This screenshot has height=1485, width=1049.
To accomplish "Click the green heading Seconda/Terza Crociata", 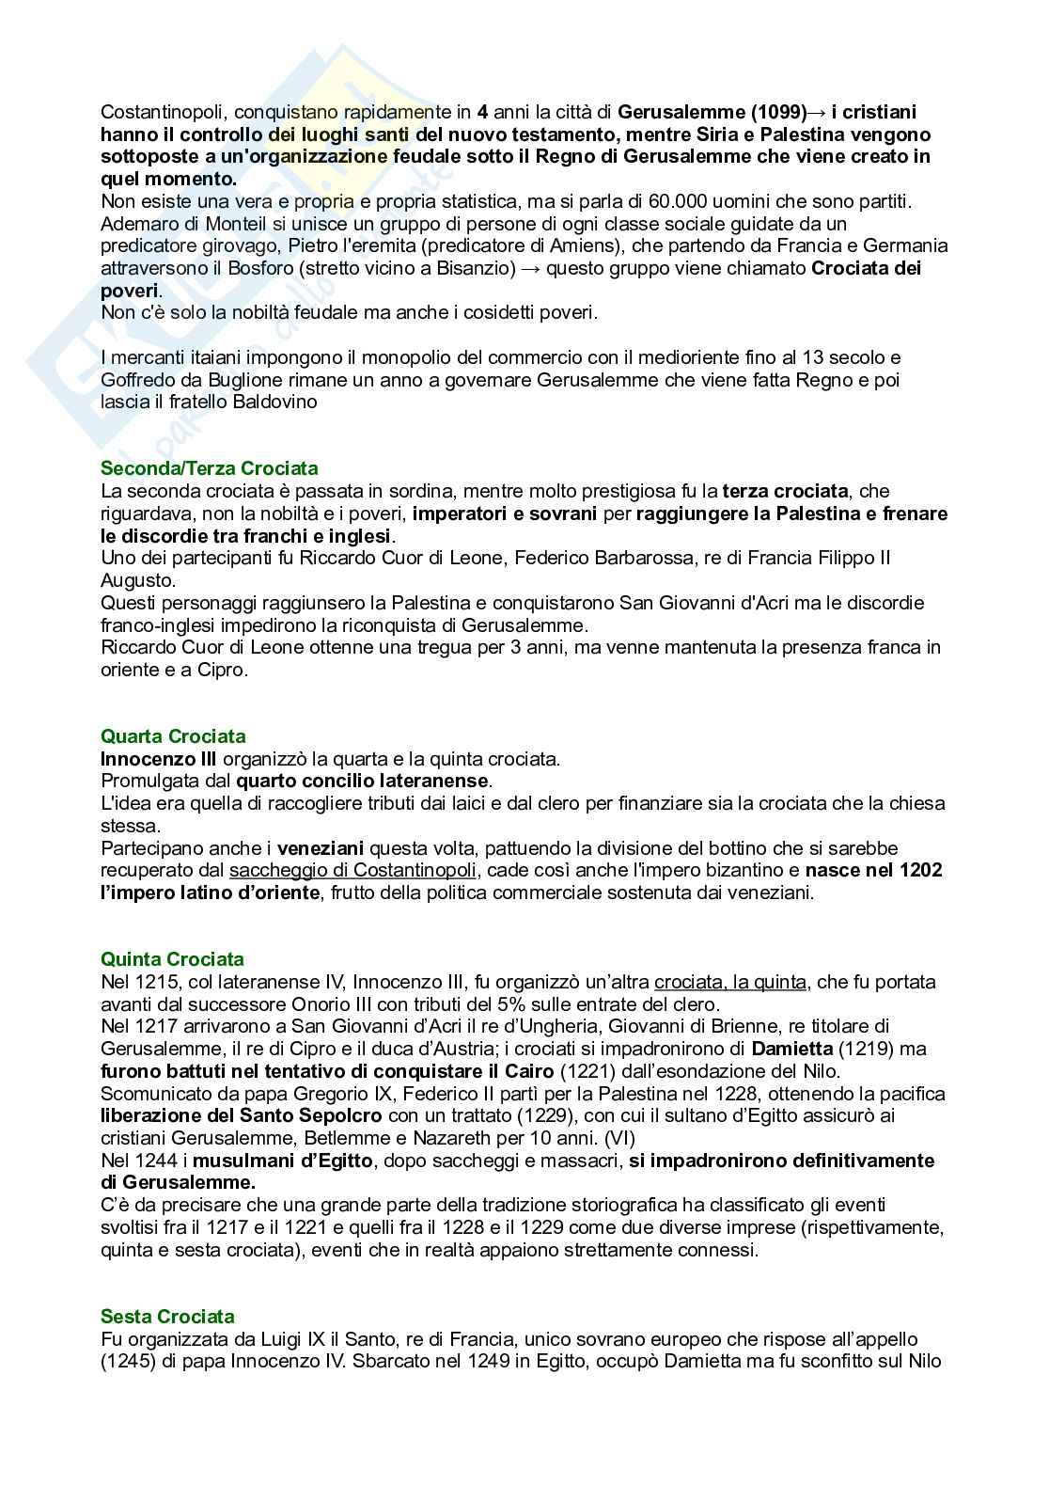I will [209, 468].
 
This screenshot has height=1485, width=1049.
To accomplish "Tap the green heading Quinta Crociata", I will [172, 959].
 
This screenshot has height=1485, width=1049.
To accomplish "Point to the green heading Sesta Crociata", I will [167, 1317].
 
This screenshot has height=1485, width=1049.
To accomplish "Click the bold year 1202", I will [920, 871].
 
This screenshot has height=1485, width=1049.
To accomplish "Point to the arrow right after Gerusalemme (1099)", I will [816, 112].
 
